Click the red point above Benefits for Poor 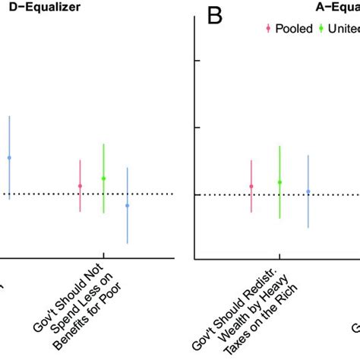(x=81, y=186)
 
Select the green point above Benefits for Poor (x=104, y=178)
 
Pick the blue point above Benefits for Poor (x=127, y=205)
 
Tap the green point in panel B (x=279, y=182)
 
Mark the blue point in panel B (x=308, y=191)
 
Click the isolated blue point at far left (x=9, y=157)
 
